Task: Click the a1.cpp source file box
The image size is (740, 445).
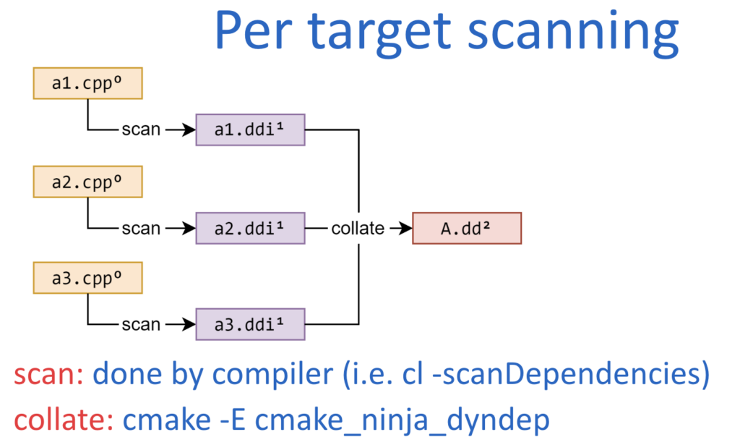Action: pyautogui.click(x=88, y=83)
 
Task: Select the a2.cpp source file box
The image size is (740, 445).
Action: pyautogui.click(x=88, y=182)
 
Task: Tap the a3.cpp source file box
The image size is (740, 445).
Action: pyautogui.click(x=88, y=279)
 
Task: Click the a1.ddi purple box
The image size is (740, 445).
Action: pyautogui.click(x=250, y=130)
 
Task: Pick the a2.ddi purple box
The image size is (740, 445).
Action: pyautogui.click(x=250, y=228)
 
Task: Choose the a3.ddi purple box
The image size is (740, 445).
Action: pyautogui.click(x=250, y=323)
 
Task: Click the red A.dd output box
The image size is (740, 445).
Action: pyautogui.click(x=466, y=228)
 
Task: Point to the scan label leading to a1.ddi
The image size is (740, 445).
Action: pyautogui.click(x=141, y=130)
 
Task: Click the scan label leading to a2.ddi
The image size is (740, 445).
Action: pyautogui.click(x=141, y=228)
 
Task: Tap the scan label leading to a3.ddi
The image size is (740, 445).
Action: pyautogui.click(x=141, y=323)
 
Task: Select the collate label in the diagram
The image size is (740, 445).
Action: pyautogui.click(x=358, y=228)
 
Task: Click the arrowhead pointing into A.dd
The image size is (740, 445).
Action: pyautogui.click(x=405, y=228)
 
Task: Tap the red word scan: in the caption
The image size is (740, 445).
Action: pyautogui.click(x=49, y=375)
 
